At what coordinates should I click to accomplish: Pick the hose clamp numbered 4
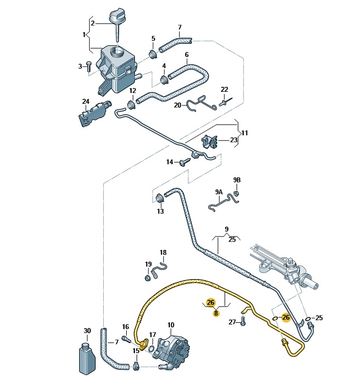164,79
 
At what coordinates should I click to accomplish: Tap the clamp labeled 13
160,198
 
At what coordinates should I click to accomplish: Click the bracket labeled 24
94,114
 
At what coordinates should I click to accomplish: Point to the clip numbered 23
210,141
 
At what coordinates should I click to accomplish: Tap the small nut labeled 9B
237,193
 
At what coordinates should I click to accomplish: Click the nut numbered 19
147,278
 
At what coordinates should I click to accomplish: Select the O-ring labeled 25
308,319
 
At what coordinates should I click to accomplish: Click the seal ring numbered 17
151,349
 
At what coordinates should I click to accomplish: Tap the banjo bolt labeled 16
126,340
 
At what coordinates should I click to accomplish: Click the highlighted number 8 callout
216,314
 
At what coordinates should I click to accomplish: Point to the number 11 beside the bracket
245,133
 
